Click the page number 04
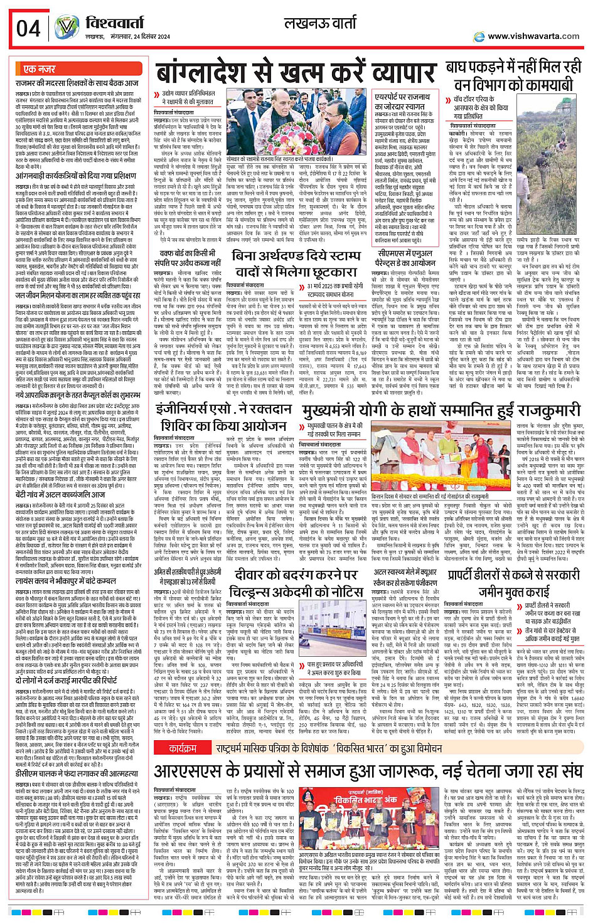tap(28, 28)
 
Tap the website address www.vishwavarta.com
tap(533, 36)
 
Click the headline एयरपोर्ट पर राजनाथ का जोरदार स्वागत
tap(403, 102)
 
